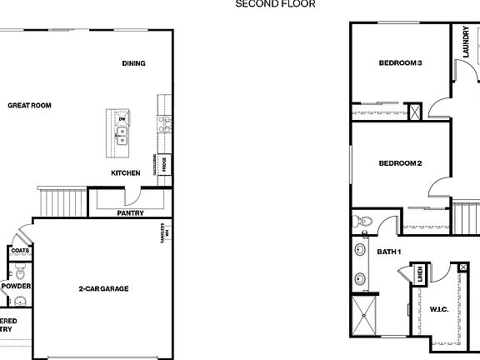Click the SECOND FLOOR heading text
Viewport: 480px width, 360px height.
click(x=275, y=3)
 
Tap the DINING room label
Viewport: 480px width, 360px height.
click(x=133, y=63)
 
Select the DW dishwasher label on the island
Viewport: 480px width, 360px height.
click(x=122, y=119)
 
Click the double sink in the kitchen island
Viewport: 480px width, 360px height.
click(x=122, y=135)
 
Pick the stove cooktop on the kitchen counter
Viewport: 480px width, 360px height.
click(x=165, y=125)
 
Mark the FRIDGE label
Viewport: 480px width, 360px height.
click(x=165, y=164)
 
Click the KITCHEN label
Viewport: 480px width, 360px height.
click(x=126, y=173)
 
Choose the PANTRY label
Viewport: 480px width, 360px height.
click(x=131, y=212)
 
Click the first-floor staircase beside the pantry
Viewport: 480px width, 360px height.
click(x=62, y=201)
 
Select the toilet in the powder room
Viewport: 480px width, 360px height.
click(x=20, y=272)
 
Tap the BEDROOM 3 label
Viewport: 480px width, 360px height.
click(x=401, y=63)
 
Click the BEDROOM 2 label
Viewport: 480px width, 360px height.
click(x=401, y=163)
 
